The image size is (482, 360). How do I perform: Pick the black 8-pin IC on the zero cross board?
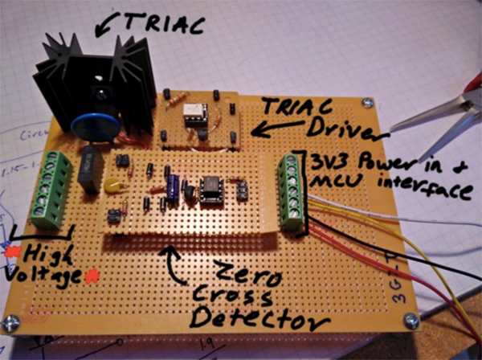coord(212,190)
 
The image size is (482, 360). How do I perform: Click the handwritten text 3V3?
coord(322,163)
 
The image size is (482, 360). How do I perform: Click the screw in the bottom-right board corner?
coord(411,320)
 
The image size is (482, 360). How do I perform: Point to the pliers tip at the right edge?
coord(406,121)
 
